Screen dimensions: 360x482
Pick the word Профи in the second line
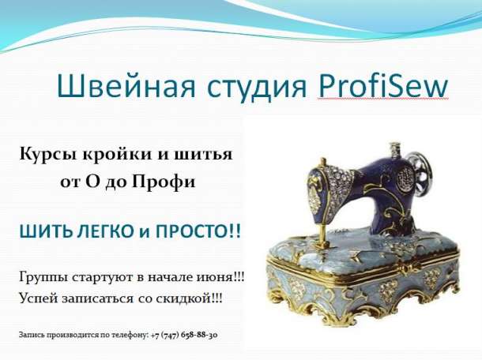coord(168,182)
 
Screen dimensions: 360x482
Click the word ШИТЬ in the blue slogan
coord(40,232)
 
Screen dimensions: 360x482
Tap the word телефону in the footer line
coord(126,335)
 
